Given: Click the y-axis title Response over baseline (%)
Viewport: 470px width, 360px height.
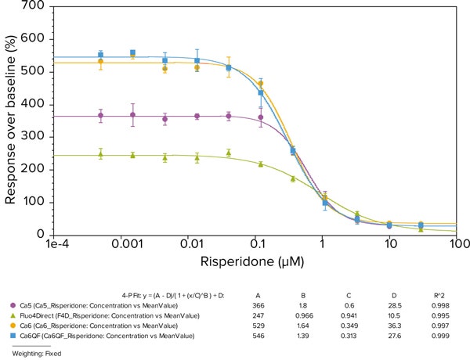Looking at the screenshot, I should (x=11, y=119).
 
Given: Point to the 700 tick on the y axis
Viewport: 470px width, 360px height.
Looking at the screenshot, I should (x=34, y=6).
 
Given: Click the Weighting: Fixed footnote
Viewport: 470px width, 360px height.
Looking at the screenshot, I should (x=35, y=353).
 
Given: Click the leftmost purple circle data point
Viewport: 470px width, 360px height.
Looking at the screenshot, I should (x=100, y=115).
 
